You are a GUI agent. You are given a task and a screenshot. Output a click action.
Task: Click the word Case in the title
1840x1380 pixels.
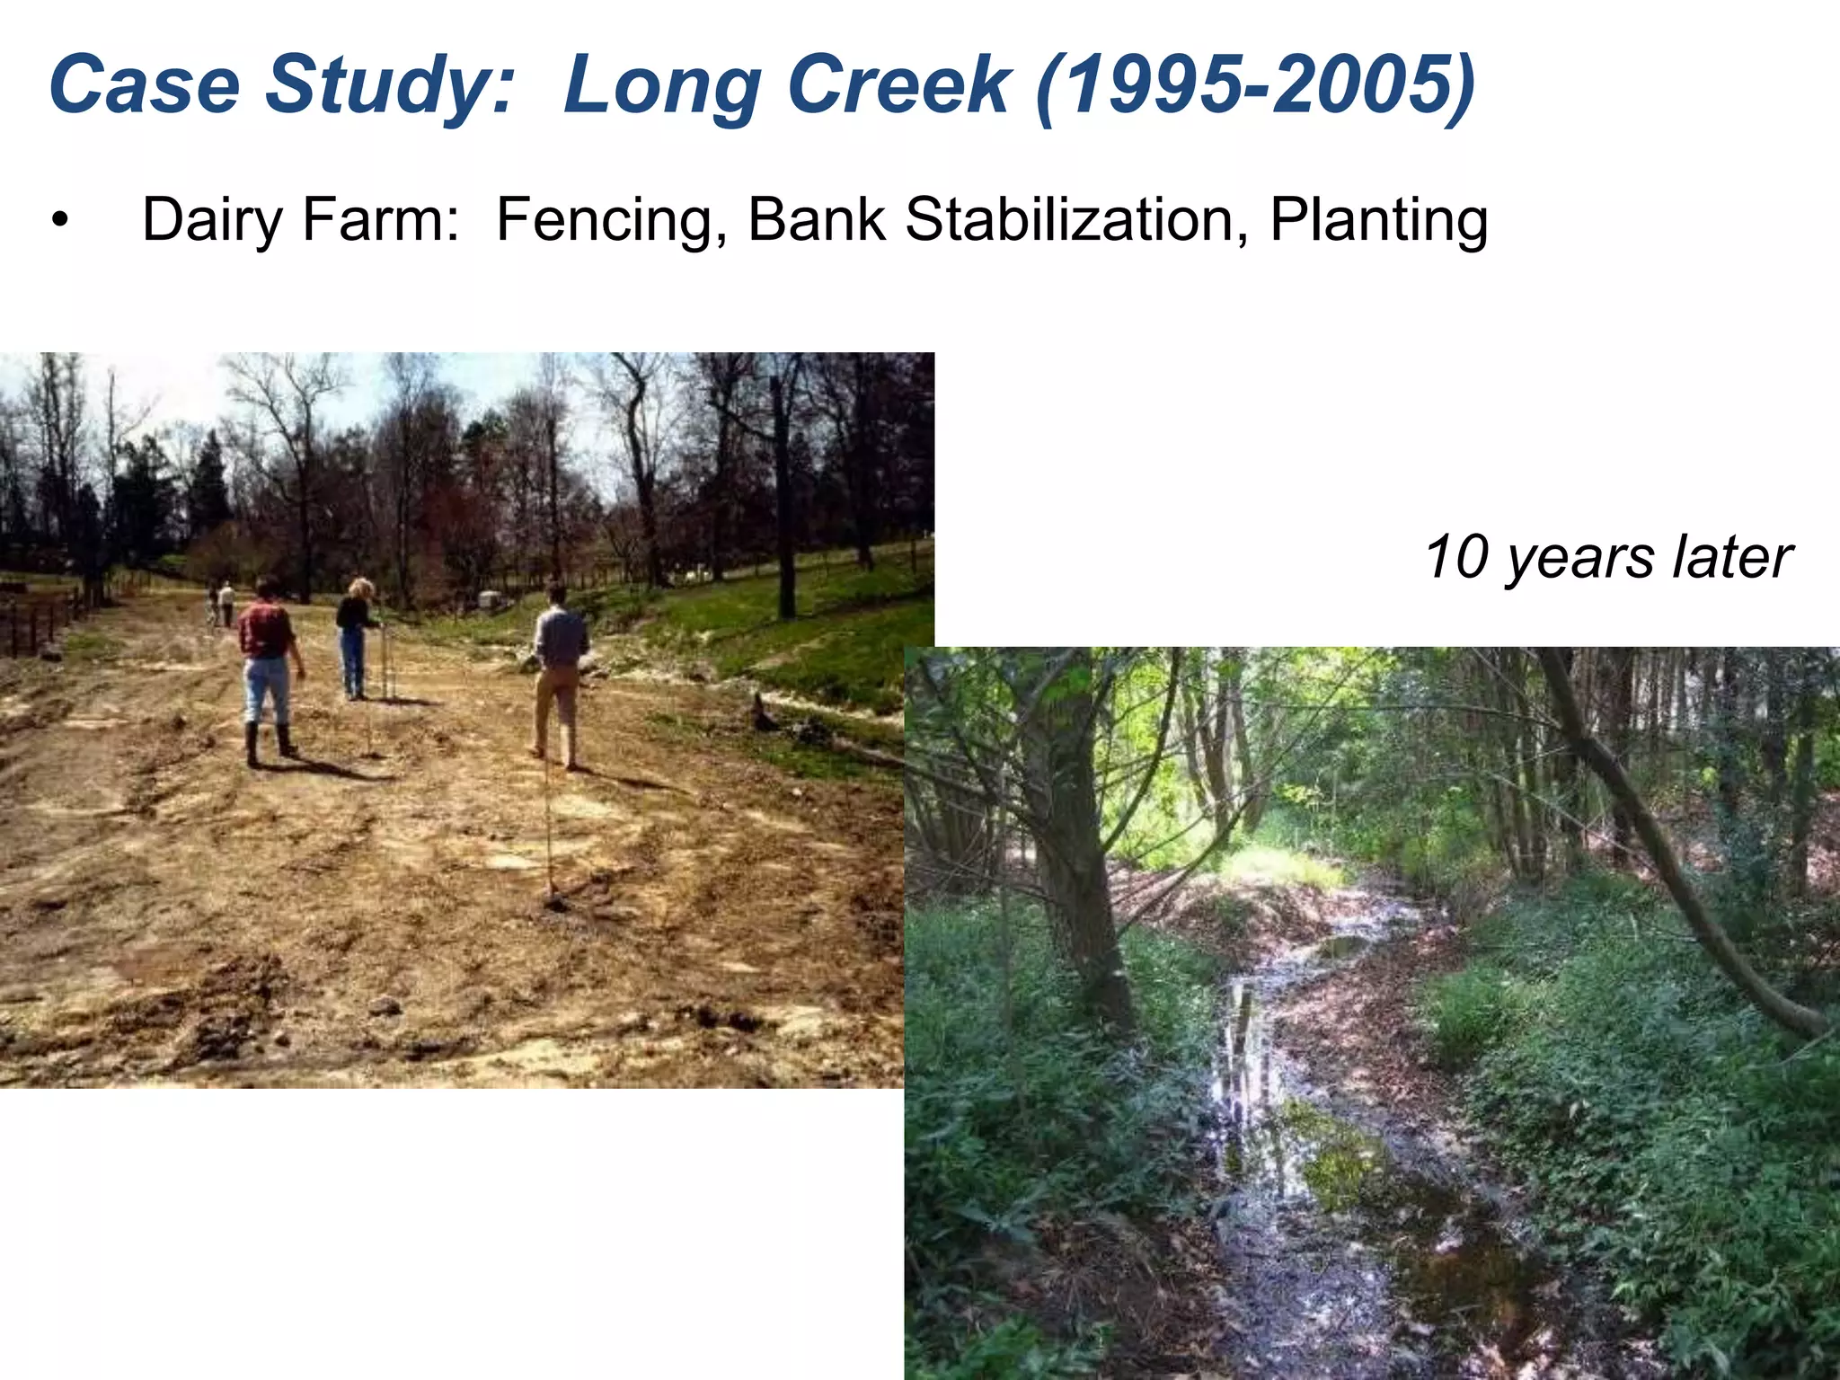coord(144,84)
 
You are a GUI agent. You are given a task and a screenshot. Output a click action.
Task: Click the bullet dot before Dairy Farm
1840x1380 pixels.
coord(59,222)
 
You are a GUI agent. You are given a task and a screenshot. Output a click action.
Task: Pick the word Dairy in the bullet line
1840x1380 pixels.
coord(212,221)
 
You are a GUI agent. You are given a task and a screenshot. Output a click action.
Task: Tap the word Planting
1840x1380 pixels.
coord(1378,221)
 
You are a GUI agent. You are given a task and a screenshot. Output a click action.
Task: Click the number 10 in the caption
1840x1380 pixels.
coord(1455,557)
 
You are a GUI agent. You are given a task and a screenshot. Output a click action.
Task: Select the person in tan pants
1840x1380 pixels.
coord(559,674)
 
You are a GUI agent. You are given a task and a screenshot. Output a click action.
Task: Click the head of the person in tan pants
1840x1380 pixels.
coord(557,594)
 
